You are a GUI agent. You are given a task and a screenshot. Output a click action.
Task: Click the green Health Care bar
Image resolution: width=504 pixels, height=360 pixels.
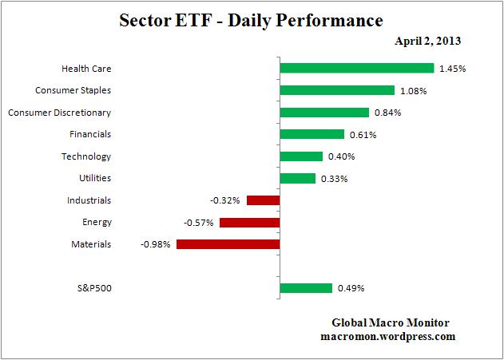click(x=356, y=69)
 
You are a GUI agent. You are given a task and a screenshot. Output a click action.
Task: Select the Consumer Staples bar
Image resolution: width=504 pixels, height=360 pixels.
click(x=337, y=90)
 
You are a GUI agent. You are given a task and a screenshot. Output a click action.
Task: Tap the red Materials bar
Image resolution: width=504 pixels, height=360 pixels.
click(x=228, y=243)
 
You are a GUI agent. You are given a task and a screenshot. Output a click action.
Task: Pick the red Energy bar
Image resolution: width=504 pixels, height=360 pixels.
click(x=249, y=222)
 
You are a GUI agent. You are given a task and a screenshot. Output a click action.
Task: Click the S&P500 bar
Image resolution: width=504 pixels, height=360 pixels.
click(x=306, y=288)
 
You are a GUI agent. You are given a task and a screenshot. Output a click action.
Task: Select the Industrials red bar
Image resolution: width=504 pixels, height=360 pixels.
click(x=263, y=200)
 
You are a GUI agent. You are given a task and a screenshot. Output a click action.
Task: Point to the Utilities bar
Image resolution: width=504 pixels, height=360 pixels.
click(x=298, y=178)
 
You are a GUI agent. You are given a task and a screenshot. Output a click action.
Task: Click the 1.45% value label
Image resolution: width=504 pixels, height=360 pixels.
click(x=452, y=69)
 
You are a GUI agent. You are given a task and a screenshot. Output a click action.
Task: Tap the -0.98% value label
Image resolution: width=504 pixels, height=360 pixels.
click(x=157, y=244)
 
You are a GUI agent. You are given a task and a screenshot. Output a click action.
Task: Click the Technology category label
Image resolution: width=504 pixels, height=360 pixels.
click(x=86, y=156)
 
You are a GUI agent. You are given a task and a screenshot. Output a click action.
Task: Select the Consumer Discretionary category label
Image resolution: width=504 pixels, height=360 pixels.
click(x=59, y=113)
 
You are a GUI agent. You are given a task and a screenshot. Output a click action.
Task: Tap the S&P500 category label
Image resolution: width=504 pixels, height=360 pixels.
click(x=90, y=288)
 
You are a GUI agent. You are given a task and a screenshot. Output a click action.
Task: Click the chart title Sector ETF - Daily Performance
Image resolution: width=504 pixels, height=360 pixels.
click(x=250, y=18)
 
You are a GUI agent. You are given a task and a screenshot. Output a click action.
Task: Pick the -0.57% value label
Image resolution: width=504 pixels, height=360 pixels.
click(x=199, y=223)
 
